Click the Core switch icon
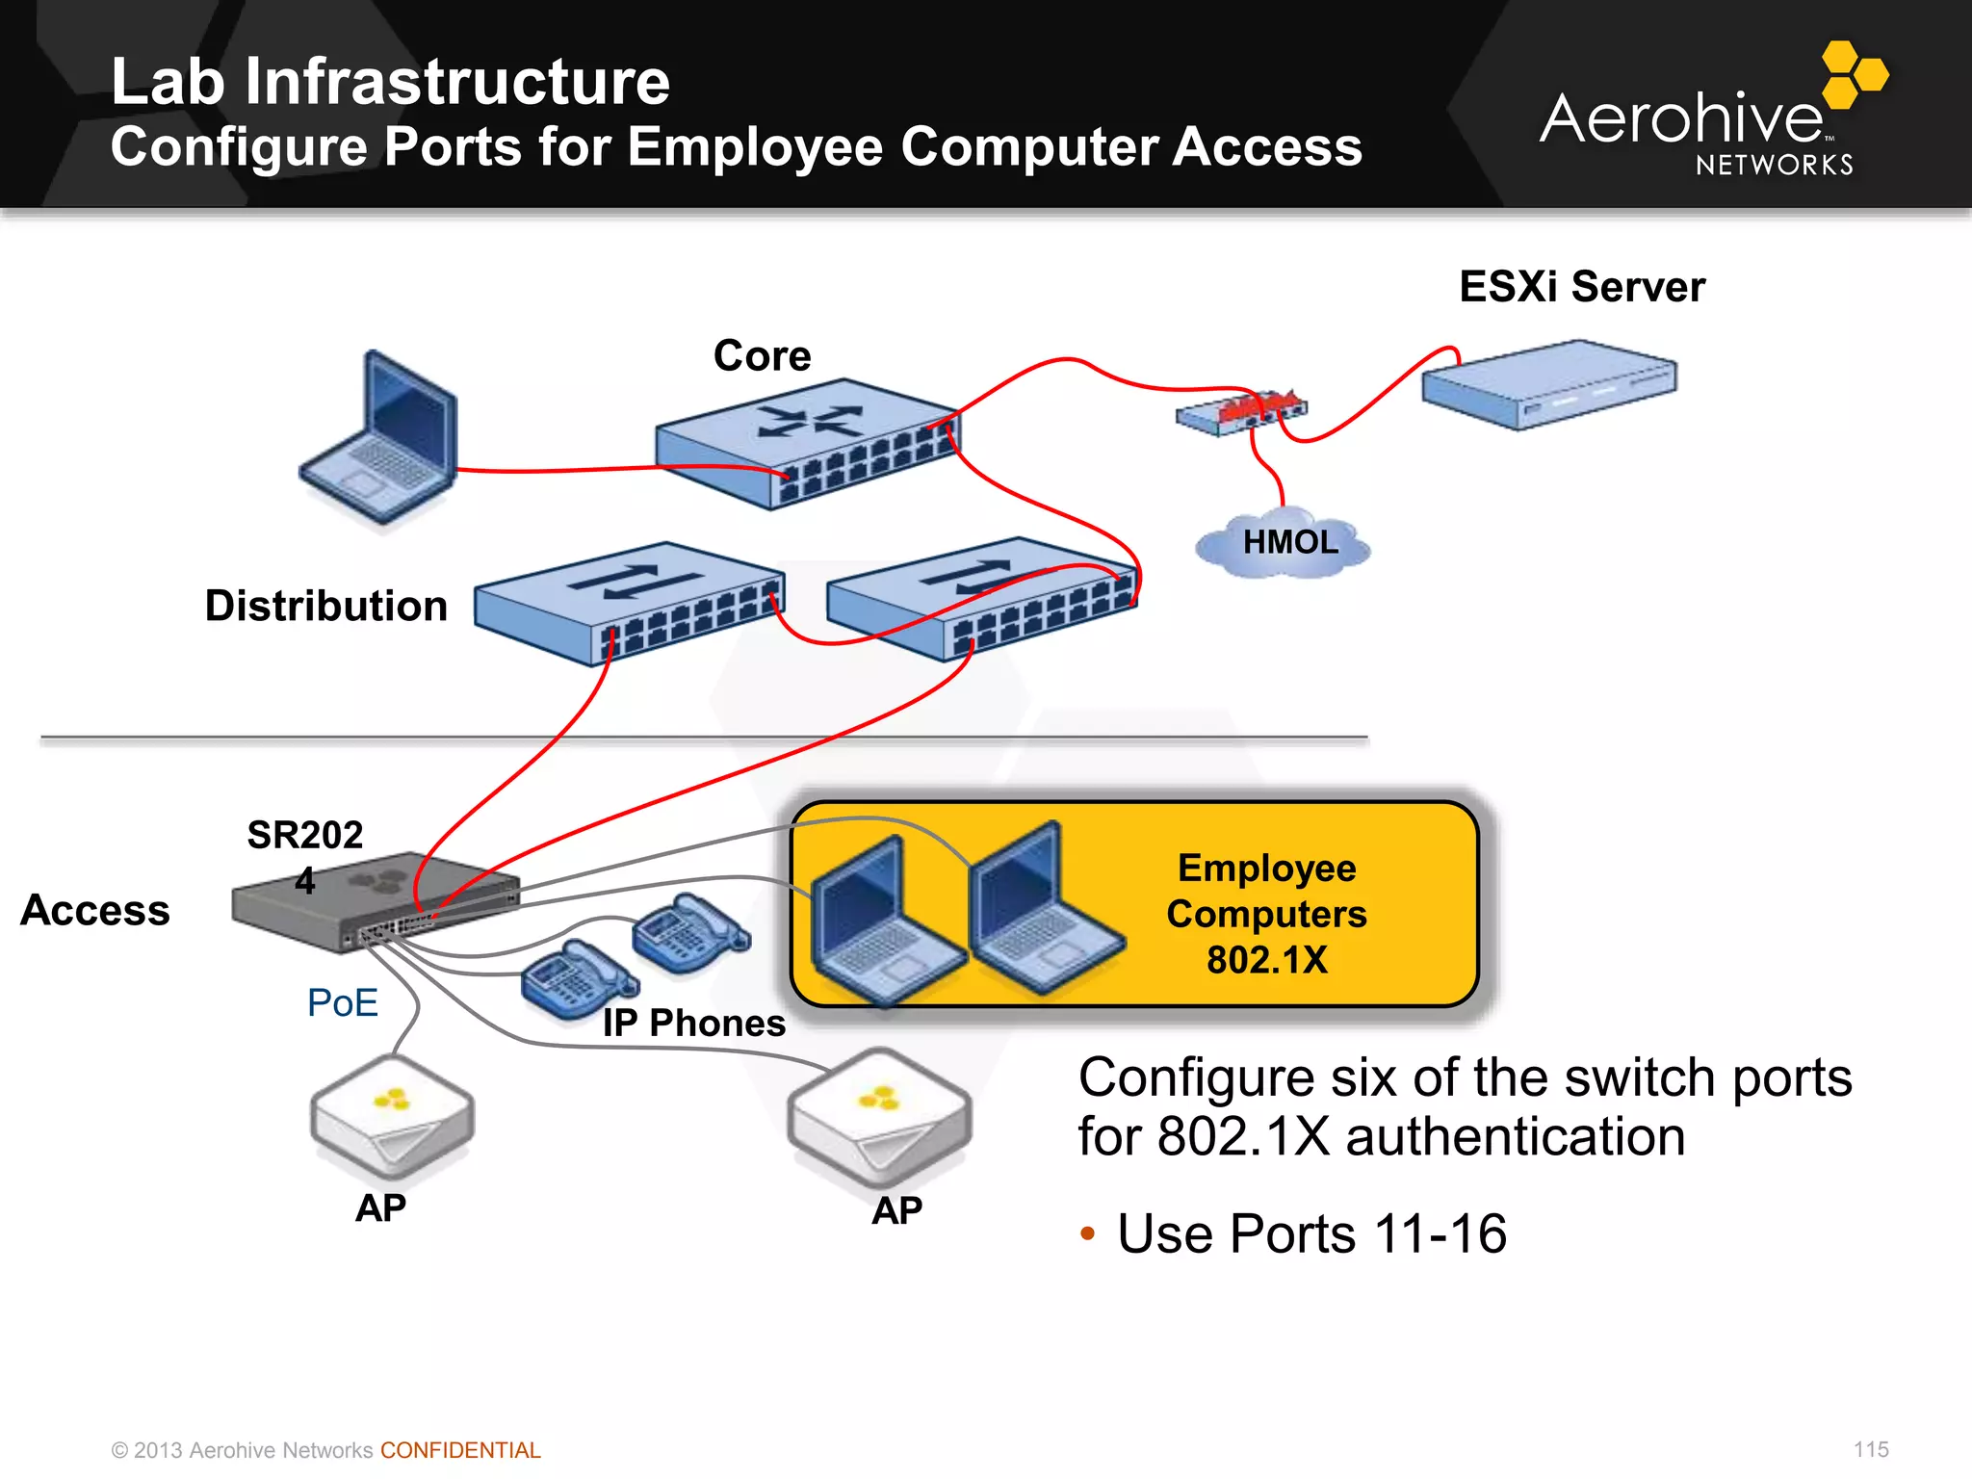[x=807, y=443]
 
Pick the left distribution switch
[x=629, y=602]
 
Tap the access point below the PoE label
[x=392, y=1117]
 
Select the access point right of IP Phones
[x=879, y=1117]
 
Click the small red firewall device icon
[x=1242, y=412]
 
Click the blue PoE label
[x=342, y=1003]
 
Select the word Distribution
[x=326, y=607]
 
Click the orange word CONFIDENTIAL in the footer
[x=460, y=1450]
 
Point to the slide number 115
[x=1870, y=1449]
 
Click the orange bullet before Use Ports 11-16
[x=1088, y=1234]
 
